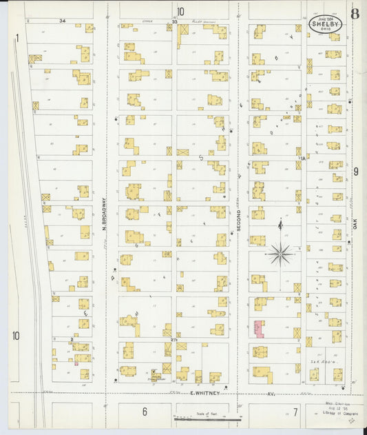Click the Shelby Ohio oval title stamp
[x=324, y=25]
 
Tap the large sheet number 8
[x=354, y=13]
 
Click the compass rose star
[x=280, y=254]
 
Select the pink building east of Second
[x=259, y=328]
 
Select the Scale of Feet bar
[x=207, y=417]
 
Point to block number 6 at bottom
[x=145, y=412]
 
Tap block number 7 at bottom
[x=294, y=412]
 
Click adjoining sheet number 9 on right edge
[x=355, y=172]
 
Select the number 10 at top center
[x=180, y=11]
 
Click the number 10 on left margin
[x=15, y=336]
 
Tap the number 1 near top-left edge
[x=17, y=39]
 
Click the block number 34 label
[x=62, y=21]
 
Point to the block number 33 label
[x=174, y=22]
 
